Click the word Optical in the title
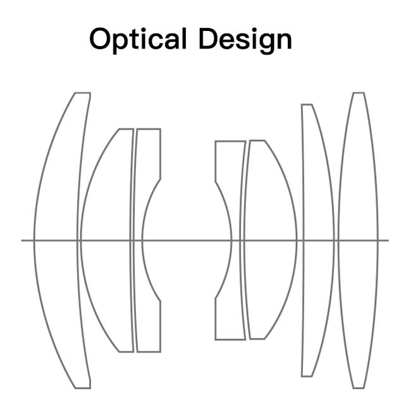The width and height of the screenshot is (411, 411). click(138, 39)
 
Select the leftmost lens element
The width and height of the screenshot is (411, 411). click(57, 240)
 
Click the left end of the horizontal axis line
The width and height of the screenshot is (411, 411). click(23, 240)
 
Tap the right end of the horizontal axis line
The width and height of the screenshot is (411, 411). click(388, 240)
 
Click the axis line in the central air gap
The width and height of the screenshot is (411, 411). click(187, 240)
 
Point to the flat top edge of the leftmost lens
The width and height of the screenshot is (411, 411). click(82, 94)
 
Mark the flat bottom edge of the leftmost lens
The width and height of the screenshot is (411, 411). click(82, 388)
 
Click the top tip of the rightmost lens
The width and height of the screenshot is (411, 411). click(358, 94)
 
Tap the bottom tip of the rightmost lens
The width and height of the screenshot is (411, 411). click(358, 388)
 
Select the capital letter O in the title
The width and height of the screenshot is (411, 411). click(101, 39)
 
